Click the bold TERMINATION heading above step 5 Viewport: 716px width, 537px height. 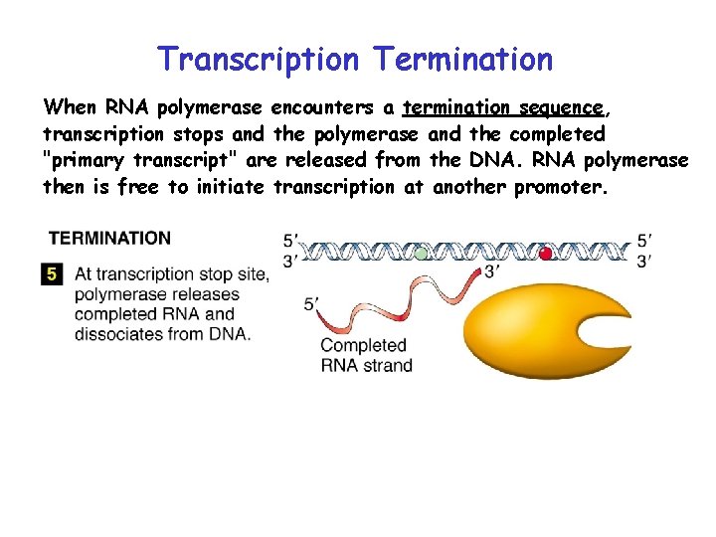[x=109, y=239]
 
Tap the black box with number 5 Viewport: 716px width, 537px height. [x=52, y=274]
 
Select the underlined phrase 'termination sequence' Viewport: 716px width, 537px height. [x=502, y=107]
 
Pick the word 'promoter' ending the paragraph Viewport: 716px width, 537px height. [x=557, y=187]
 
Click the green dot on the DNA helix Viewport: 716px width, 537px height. [x=422, y=254]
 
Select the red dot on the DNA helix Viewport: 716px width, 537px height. [x=545, y=254]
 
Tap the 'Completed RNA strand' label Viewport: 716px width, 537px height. [x=365, y=355]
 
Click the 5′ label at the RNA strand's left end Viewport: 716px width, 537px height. [x=313, y=304]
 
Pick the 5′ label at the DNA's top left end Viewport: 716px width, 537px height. [x=290, y=240]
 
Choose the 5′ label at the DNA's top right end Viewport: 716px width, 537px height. [x=644, y=240]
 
